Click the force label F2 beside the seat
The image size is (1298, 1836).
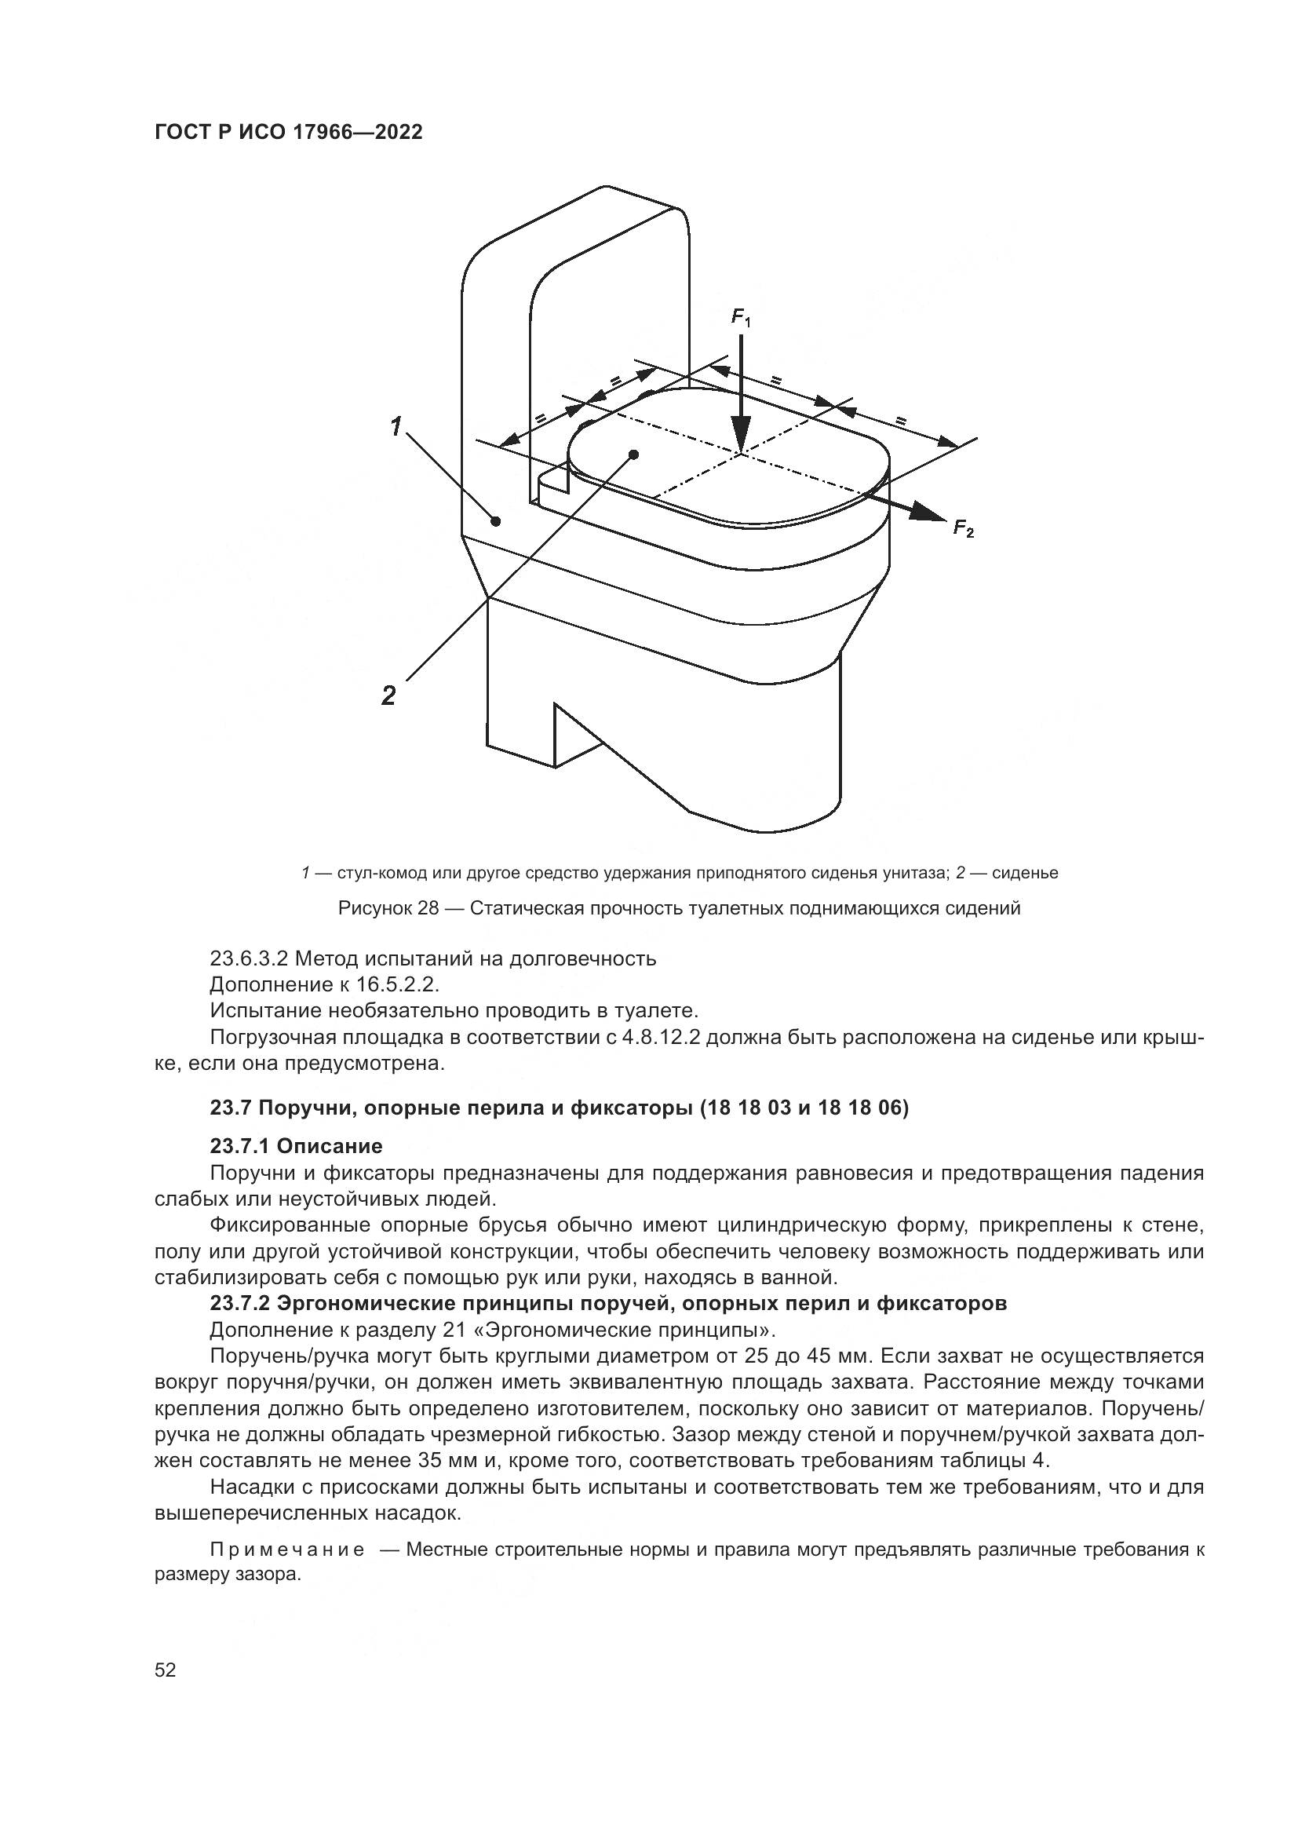tap(963, 528)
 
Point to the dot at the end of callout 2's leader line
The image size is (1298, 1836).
tap(634, 454)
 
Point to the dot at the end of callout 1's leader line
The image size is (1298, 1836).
tap(495, 521)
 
